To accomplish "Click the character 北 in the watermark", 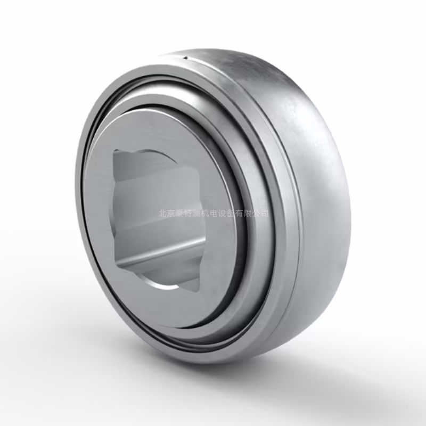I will click(162, 214).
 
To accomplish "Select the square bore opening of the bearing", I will click(160, 213).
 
